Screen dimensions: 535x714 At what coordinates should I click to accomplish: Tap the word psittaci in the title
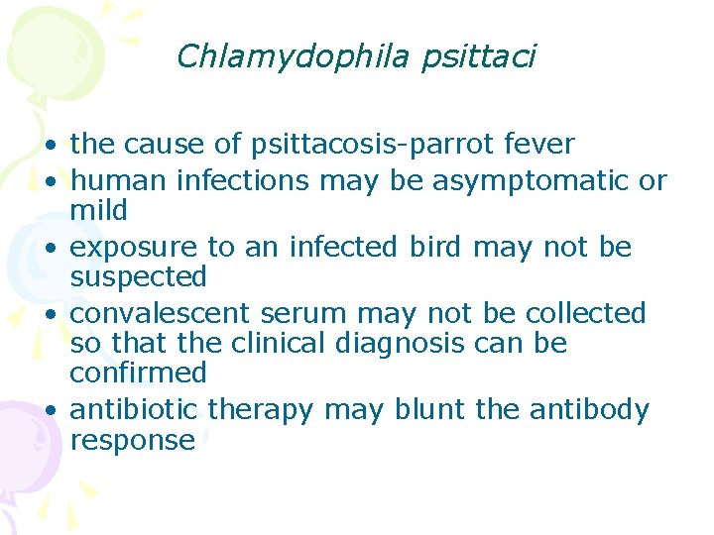pos(478,56)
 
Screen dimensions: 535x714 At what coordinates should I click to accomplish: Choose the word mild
pos(98,210)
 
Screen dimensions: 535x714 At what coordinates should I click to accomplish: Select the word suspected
pos(138,276)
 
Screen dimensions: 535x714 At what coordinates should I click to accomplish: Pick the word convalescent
pos(160,313)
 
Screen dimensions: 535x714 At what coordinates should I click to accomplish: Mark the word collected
pos(585,313)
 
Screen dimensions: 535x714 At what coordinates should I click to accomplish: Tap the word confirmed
pos(138,373)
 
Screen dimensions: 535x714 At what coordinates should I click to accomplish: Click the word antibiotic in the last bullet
pos(134,409)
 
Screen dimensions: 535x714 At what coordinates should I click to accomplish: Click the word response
pos(132,440)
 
